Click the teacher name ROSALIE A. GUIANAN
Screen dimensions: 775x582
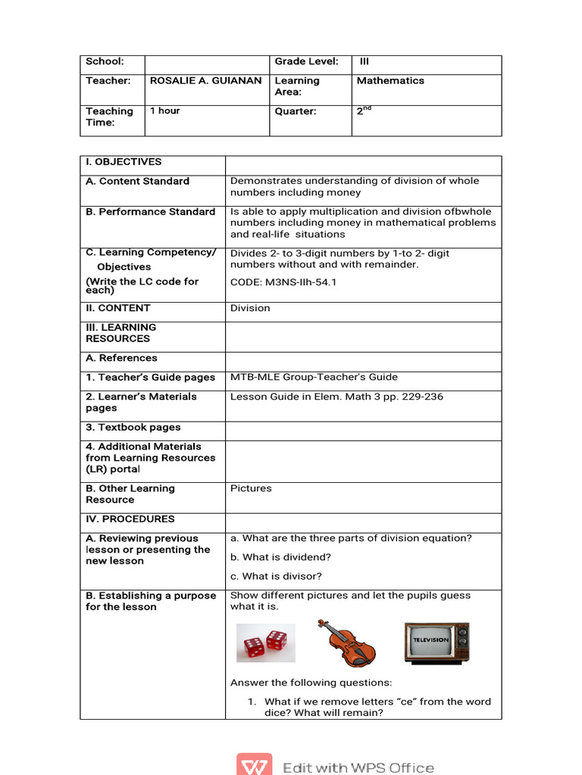(x=205, y=81)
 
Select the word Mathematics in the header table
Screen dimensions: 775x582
(x=390, y=81)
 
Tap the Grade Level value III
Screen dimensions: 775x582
(x=365, y=62)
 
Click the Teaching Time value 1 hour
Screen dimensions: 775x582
(x=164, y=111)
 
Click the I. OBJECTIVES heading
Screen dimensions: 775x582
(x=124, y=162)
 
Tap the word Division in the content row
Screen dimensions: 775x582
(x=250, y=309)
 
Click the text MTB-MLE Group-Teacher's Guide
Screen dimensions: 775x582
(x=314, y=378)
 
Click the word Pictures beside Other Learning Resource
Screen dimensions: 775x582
(x=251, y=489)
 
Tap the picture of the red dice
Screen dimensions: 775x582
(x=265, y=643)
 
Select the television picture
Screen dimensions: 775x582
(x=436, y=643)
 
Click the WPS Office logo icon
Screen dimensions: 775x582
(x=254, y=765)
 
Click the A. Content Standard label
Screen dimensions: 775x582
(x=137, y=182)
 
